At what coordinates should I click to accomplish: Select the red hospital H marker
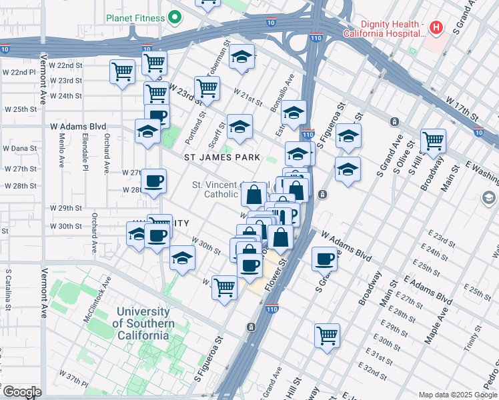436,27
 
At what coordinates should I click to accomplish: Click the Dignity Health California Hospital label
384,27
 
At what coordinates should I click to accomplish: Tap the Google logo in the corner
21,391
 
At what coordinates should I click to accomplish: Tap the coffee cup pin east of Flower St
324,259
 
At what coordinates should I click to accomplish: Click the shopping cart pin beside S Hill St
434,141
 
